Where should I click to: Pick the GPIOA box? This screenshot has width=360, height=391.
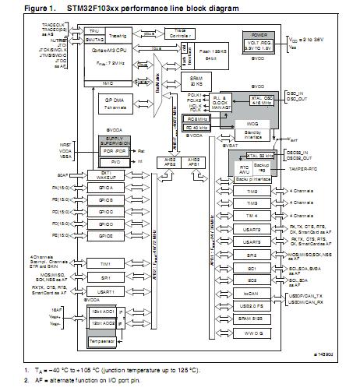coord(107,188)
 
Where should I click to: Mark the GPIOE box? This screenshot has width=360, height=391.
coord(107,234)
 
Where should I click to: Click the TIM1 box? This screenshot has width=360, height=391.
coord(107,264)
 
